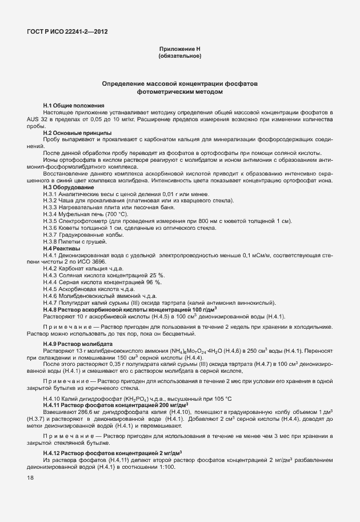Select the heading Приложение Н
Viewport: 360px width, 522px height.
[179, 49]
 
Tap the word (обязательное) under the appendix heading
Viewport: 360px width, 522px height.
[179, 56]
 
